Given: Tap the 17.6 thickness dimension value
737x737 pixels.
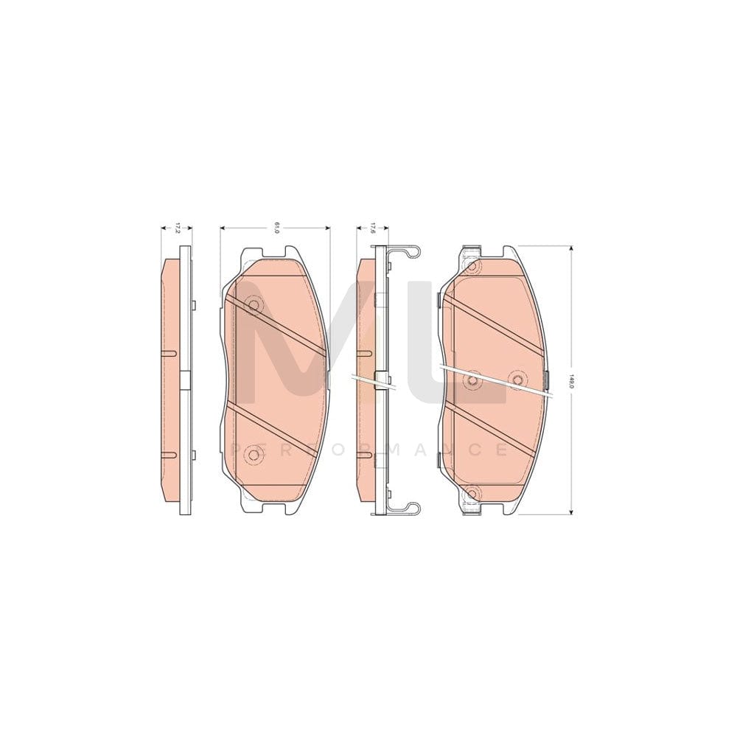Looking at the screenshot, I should (x=373, y=228).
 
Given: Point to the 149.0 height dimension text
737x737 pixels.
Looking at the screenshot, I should (x=571, y=381).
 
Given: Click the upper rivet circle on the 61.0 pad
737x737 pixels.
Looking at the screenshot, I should (x=255, y=305).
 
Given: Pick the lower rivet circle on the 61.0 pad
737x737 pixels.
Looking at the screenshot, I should (x=254, y=455).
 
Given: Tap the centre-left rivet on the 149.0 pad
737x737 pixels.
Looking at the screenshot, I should (x=473, y=380).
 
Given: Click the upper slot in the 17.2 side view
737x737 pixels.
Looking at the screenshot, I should (x=169, y=354).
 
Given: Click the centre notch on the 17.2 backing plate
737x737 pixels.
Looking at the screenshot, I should (x=184, y=380).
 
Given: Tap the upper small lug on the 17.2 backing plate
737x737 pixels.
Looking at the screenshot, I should (x=192, y=306).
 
